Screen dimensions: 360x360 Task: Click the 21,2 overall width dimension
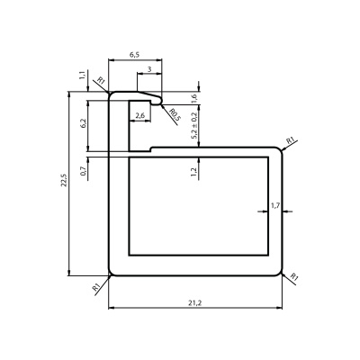tap(195, 303)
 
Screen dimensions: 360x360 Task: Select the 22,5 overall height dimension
tap(64, 180)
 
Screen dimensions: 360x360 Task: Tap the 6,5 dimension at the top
tap(135, 55)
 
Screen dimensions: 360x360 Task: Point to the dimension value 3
tap(149, 69)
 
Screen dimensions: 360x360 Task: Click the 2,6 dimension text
tap(140, 115)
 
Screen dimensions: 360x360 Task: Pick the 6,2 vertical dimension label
tap(84, 123)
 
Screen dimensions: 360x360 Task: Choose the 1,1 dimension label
tap(83, 75)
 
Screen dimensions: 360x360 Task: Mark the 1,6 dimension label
tap(193, 99)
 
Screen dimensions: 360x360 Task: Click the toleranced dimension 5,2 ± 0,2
tap(193, 126)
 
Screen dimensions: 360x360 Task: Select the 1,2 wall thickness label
tap(193, 172)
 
